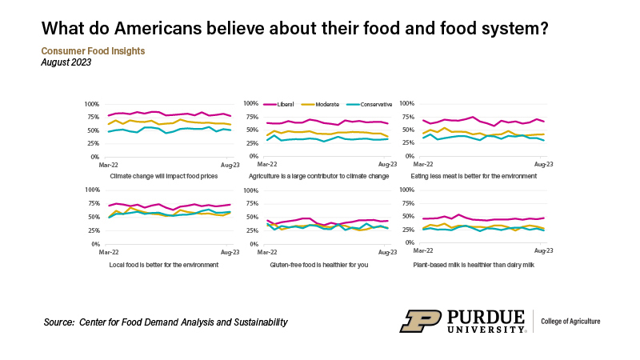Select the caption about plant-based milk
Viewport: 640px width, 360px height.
tap(473, 264)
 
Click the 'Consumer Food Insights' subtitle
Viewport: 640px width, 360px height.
tap(93, 50)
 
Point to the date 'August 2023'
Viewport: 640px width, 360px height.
tap(66, 62)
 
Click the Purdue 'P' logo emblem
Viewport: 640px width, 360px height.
tap(421, 321)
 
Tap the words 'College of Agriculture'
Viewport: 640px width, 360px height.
tap(571, 321)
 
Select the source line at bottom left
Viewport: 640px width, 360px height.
tap(166, 322)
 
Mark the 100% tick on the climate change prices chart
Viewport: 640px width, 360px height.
tap(90, 104)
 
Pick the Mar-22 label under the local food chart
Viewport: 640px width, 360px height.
tap(109, 252)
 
